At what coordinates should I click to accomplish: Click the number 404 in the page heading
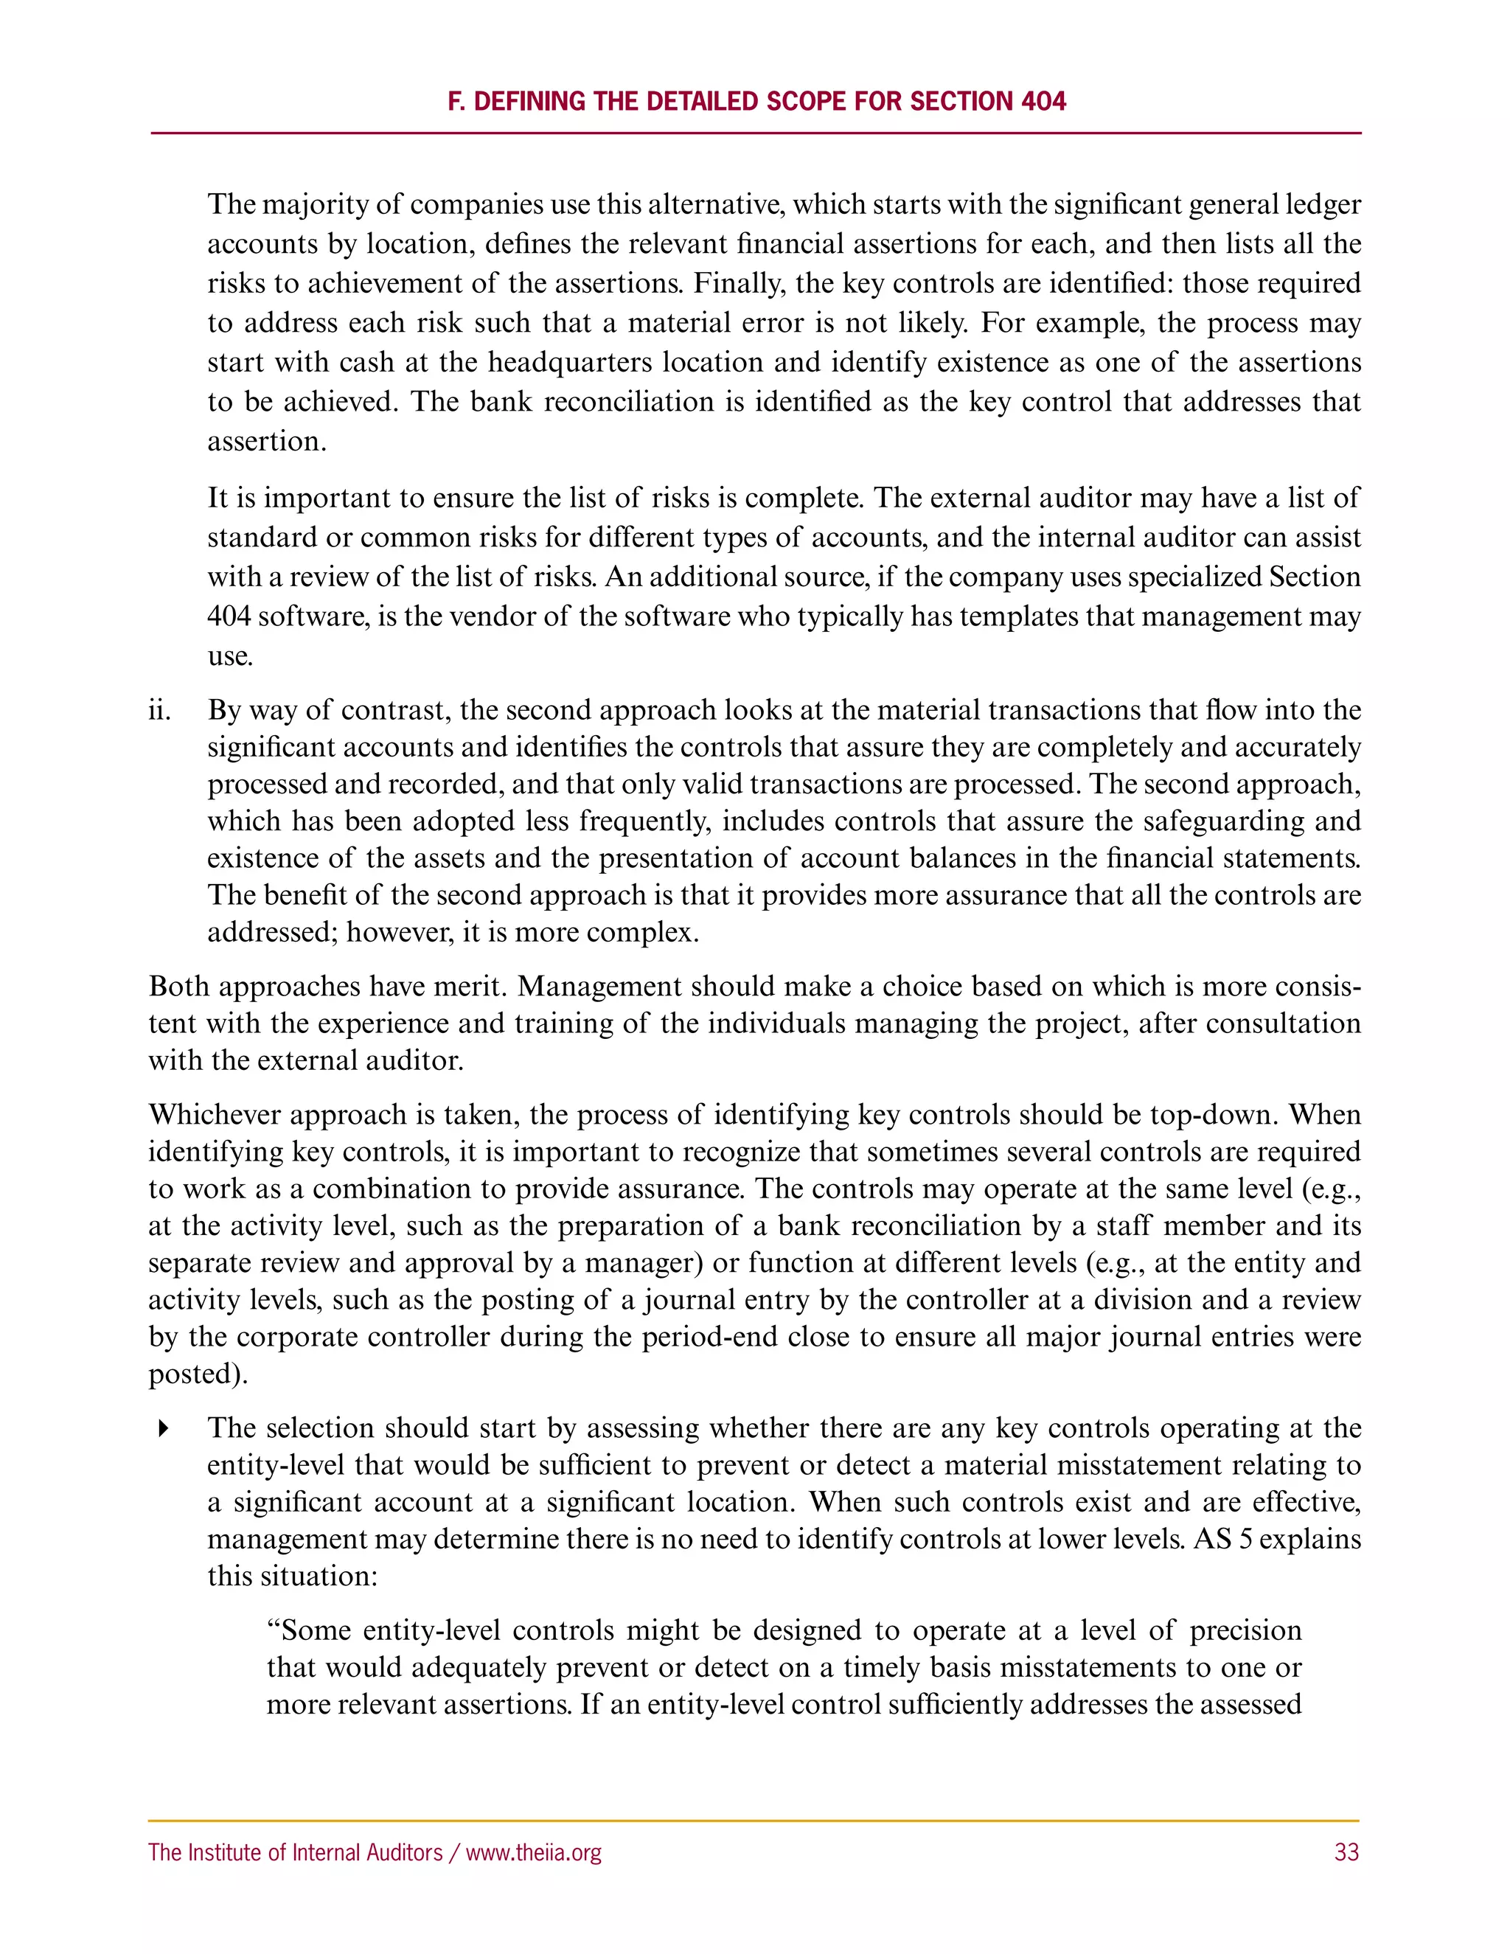click(x=1043, y=101)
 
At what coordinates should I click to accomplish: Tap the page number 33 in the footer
click(x=1346, y=1852)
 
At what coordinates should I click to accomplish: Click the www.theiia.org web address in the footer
click(x=533, y=1852)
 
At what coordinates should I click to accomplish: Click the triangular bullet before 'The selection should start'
click(x=163, y=1429)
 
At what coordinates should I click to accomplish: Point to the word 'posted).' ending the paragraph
click(x=198, y=1374)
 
